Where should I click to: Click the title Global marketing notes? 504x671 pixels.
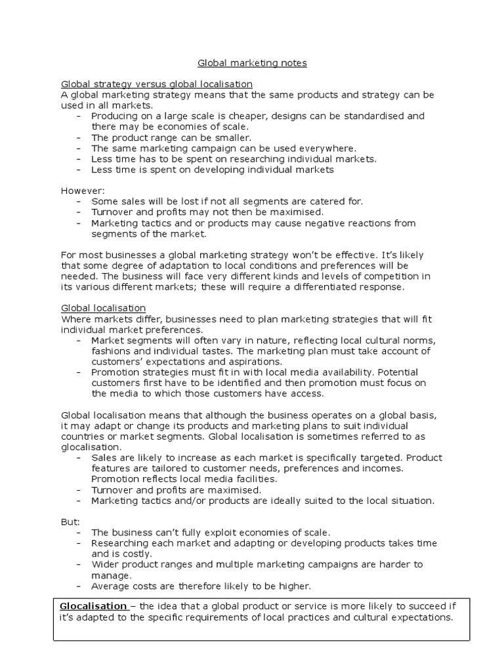(253, 63)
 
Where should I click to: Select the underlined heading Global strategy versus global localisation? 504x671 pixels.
(157, 85)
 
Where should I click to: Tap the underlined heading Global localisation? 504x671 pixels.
(104, 308)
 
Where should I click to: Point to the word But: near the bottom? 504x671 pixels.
(70, 522)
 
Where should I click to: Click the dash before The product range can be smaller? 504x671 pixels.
(79, 138)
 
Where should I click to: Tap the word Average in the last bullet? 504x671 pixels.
(110, 586)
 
